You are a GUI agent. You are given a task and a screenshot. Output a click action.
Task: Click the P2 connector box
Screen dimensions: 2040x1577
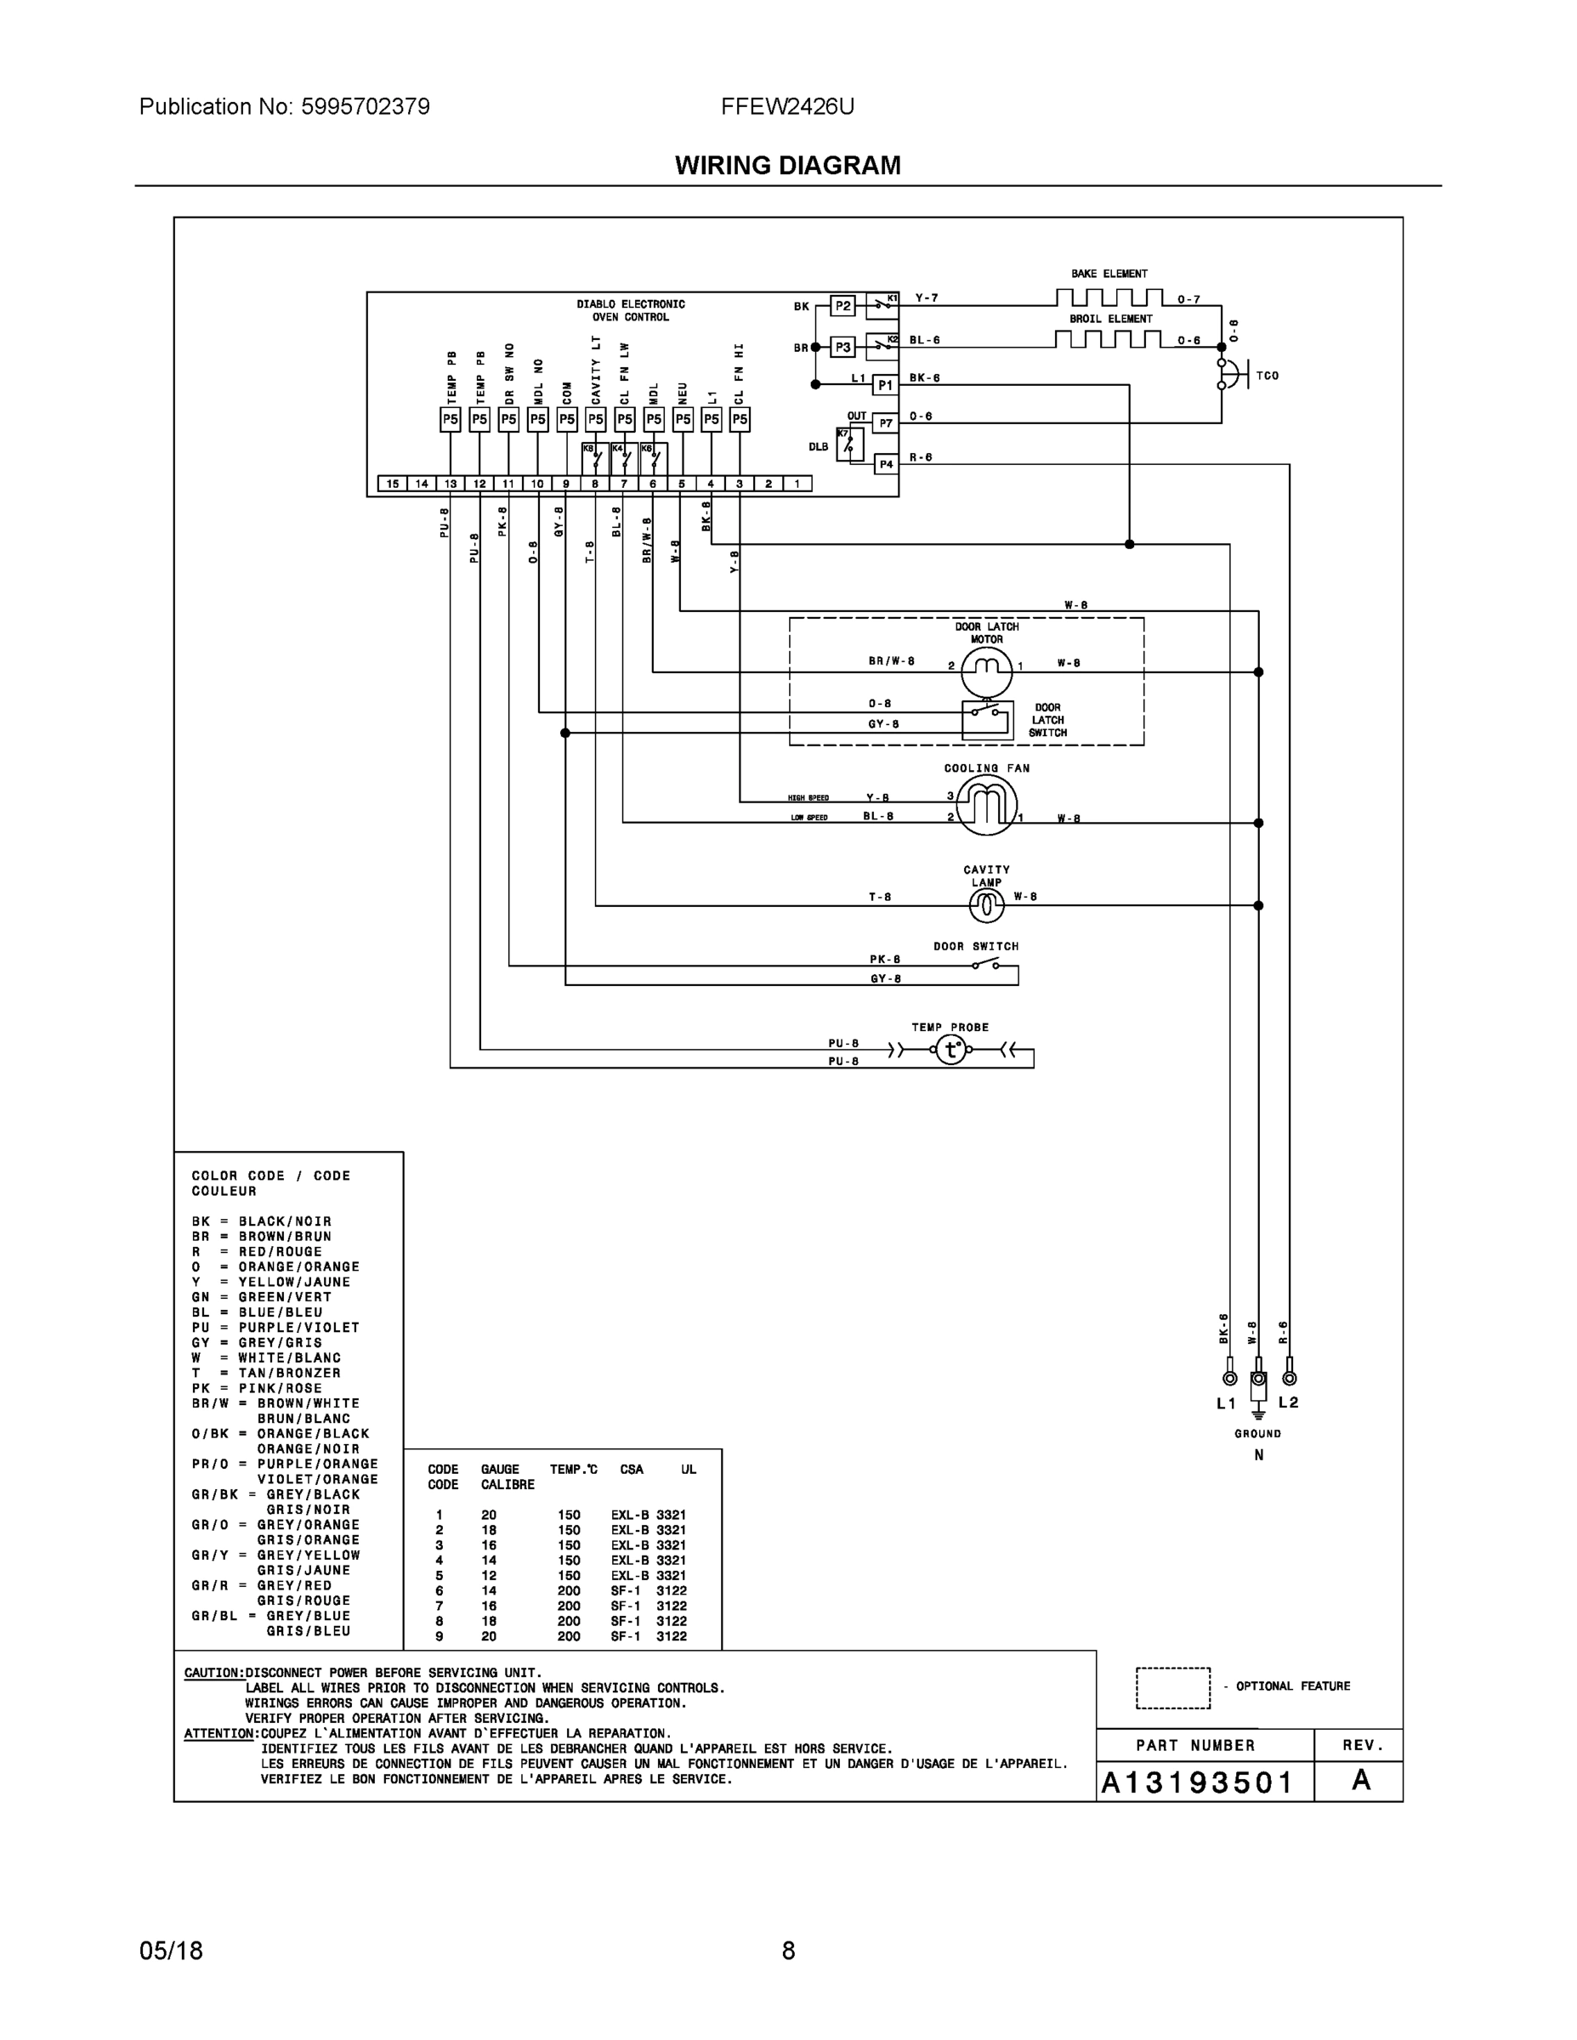[x=842, y=305]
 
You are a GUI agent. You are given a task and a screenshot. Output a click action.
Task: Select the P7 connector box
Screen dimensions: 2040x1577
[x=885, y=423]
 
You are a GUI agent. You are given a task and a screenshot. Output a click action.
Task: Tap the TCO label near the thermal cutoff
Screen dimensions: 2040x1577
[x=1267, y=376]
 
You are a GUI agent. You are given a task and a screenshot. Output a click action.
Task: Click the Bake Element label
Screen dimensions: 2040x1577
[x=1109, y=274]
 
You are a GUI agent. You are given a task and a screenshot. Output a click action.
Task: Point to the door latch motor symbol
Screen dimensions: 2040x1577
[x=986, y=669]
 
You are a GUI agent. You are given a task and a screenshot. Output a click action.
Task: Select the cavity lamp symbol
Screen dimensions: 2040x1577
[x=986, y=904]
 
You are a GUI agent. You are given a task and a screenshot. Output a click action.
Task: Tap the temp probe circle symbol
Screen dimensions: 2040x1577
[x=951, y=1050]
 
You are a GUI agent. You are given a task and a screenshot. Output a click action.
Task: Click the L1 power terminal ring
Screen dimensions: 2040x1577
[x=1229, y=1379]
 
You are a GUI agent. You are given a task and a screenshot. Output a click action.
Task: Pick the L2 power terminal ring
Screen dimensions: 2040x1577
[x=1290, y=1379]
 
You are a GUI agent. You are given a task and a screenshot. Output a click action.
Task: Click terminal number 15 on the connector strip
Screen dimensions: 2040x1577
[x=393, y=484]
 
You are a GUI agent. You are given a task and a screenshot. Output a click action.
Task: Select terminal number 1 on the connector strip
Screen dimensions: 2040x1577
[x=797, y=484]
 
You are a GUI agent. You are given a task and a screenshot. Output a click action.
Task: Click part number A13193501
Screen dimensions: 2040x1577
[x=1197, y=1782]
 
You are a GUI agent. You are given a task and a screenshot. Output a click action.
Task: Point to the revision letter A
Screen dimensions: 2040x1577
[x=1361, y=1781]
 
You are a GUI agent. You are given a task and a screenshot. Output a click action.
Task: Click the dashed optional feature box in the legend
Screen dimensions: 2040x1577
[x=1172, y=1687]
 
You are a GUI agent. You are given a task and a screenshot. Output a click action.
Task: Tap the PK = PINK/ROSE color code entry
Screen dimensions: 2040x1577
[x=257, y=1388]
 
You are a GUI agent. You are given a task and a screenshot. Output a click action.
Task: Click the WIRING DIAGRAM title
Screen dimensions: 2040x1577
[x=787, y=166]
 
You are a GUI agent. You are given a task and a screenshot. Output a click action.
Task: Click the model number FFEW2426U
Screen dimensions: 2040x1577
[x=786, y=106]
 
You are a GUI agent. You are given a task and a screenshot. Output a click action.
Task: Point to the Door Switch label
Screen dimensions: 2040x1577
[x=975, y=946]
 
